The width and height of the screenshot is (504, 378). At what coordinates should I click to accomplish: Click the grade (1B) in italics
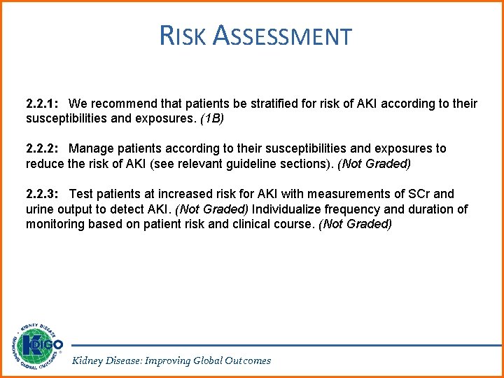212,119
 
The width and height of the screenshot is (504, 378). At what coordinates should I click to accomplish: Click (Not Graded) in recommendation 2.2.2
374,164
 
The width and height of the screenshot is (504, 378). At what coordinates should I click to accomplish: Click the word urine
41,209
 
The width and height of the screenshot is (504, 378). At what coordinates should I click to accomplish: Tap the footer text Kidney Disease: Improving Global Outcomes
171,360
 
